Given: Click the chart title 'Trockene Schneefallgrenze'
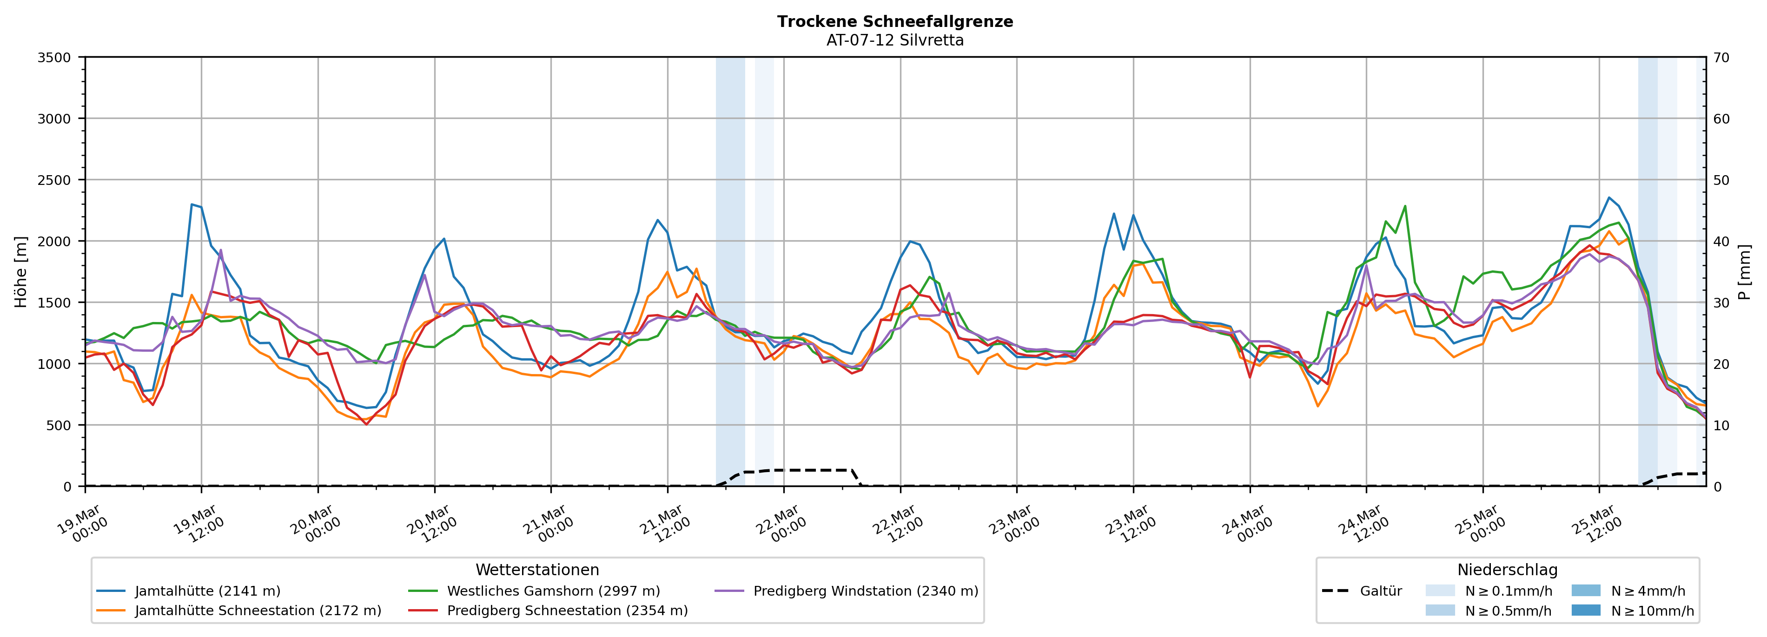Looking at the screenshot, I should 894,21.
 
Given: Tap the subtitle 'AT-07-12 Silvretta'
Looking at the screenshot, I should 894,40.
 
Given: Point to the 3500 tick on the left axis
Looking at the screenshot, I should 54,58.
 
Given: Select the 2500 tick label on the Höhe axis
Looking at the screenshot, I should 54,180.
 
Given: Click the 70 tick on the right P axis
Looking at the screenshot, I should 1721,58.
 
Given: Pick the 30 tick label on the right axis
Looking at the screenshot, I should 1721,302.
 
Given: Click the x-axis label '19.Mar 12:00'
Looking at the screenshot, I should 198,524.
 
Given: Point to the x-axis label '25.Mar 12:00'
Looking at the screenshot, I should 1596,524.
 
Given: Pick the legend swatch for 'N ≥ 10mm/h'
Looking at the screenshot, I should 1585,610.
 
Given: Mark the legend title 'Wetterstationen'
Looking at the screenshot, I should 537,570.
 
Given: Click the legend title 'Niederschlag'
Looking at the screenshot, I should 1507,570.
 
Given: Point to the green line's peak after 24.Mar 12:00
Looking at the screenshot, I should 1405,206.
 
